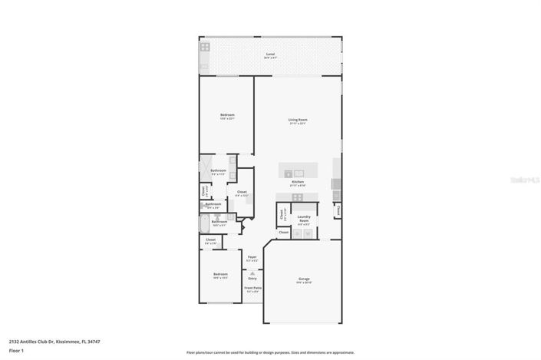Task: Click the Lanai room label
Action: point(270,54)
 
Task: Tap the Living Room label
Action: point(298,121)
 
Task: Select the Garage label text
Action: point(303,279)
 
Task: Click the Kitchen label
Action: point(298,183)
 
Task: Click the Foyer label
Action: point(252,258)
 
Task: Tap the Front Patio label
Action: point(252,289)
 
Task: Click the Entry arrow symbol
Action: point(252,272)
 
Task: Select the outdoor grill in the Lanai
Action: point(205,48)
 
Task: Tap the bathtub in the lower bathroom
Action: point(204,223)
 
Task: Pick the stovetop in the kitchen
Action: point(297,197)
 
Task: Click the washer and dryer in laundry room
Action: point(303,233)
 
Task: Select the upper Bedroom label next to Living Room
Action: point(227,116)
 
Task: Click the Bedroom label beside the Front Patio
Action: point(220,275)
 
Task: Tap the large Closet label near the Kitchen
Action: point(242,193)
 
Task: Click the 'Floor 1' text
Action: point(17,350)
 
